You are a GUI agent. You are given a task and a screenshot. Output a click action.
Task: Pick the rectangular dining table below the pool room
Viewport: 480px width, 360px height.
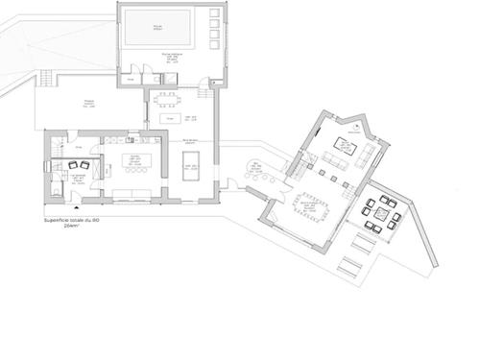coord(171,95)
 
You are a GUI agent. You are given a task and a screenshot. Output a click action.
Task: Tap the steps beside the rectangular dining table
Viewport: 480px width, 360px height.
coord(204,98)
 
